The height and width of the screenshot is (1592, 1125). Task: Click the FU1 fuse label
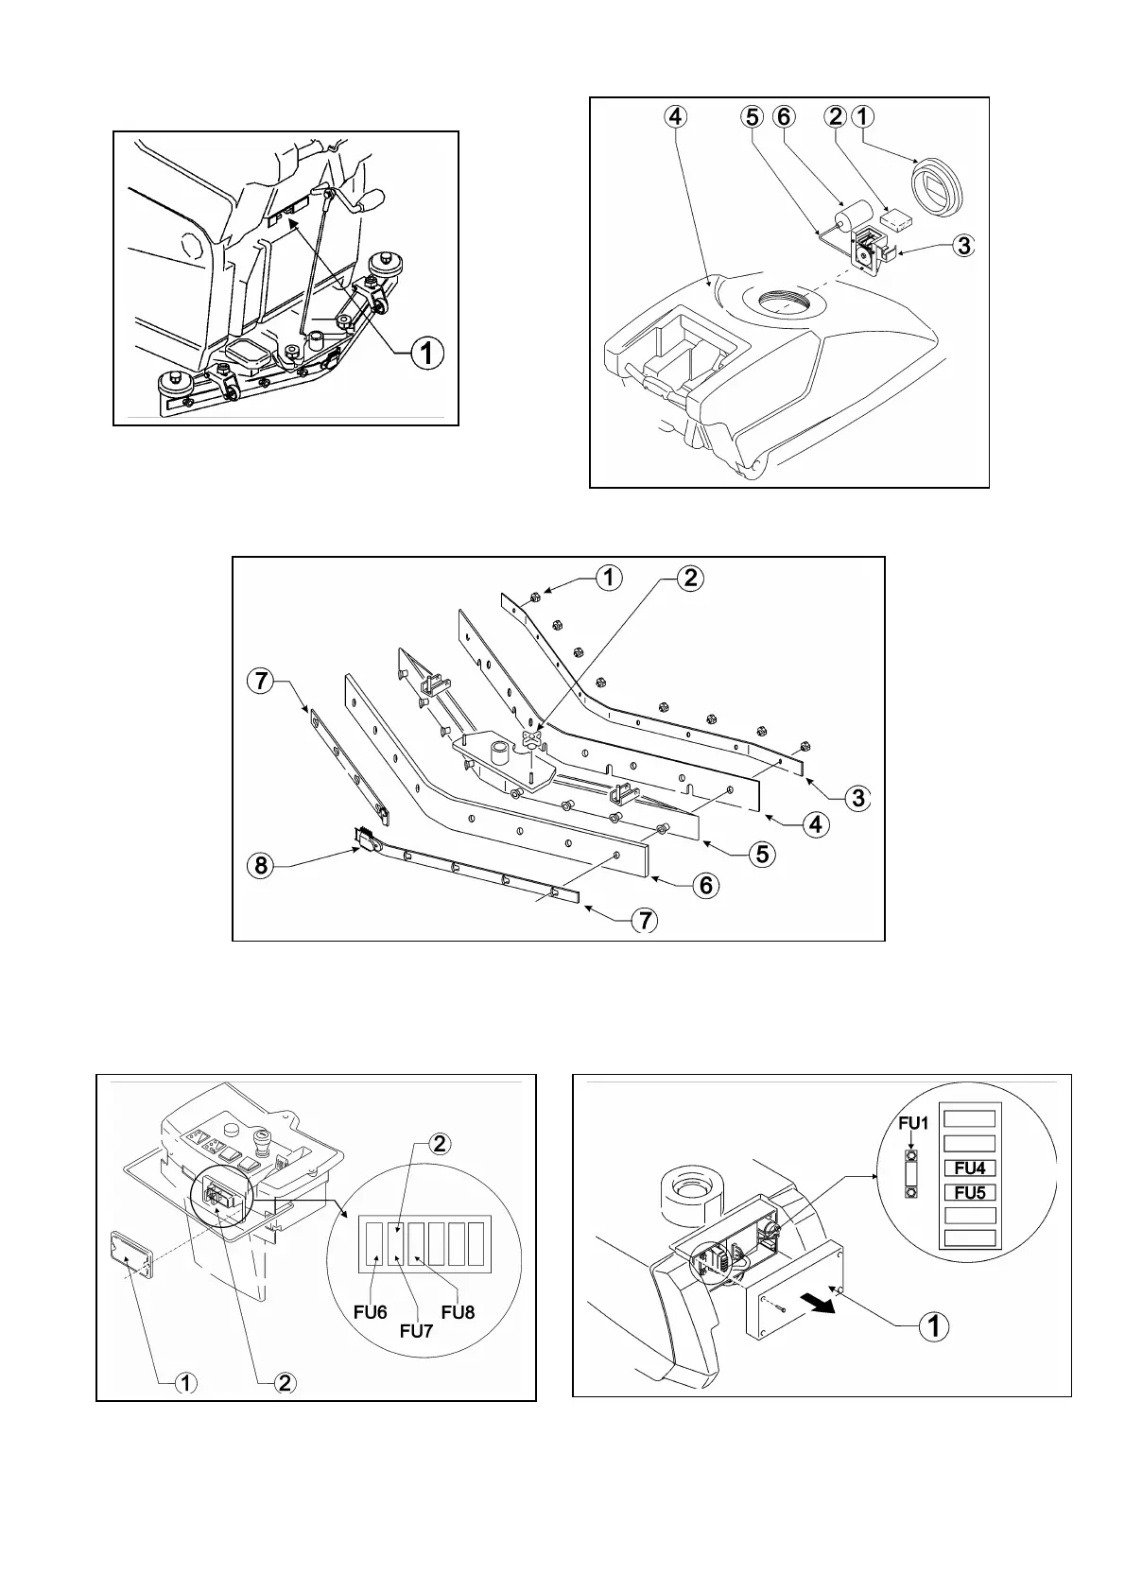pos(914,1123)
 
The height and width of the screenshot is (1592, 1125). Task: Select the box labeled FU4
pos(970,1168)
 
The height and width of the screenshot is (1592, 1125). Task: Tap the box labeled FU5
pos(970,1192)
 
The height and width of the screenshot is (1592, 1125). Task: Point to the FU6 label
pos(371,1313)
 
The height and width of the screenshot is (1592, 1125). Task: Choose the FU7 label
pos(416,1330)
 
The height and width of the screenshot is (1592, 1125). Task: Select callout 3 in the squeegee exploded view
pos(857,797)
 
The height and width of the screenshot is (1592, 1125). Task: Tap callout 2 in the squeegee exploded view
pos(691,577)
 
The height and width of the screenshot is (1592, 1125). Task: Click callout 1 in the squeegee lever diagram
pos(426,353)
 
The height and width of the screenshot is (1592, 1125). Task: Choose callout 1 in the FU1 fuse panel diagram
pos(934,1325)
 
